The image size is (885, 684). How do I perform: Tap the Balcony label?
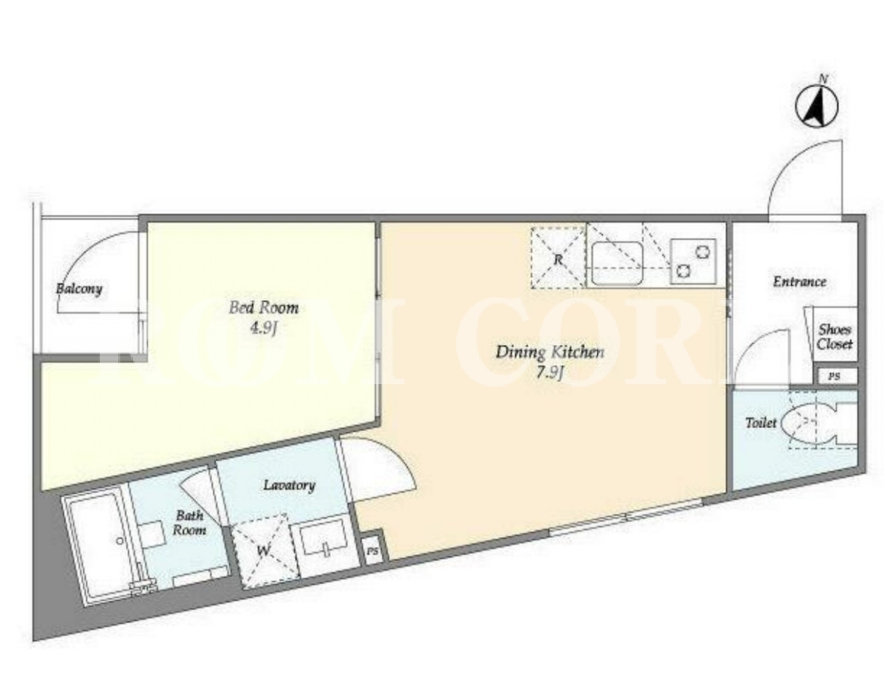point(79,289)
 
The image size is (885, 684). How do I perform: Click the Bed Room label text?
point(264,307)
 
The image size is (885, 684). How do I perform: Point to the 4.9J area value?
point(264,328)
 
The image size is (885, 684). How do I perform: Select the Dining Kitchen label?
point(549,353)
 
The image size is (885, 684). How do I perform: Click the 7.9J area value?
point(550,373)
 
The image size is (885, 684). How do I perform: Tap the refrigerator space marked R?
point(558,257)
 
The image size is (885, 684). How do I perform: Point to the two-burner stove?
point(693,261)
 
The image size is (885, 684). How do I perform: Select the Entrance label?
point(799,281)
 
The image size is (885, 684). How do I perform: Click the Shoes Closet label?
point(835,336)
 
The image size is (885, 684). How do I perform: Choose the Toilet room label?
point(761,422)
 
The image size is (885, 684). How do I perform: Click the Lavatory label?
point(289,485)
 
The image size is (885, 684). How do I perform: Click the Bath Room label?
point(189,523)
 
